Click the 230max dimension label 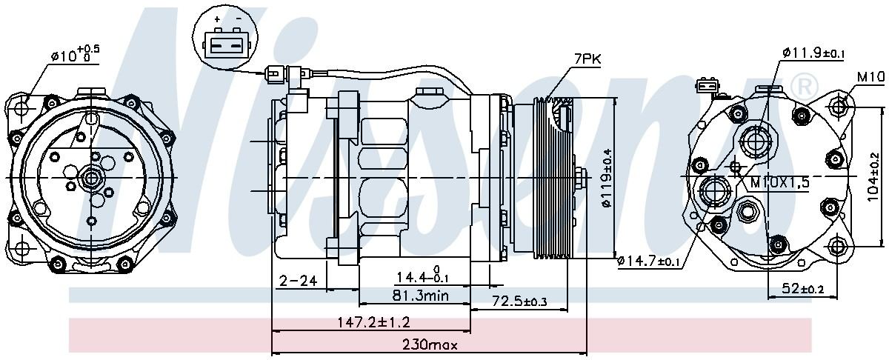pos(429,344)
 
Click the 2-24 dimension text pos(298,280)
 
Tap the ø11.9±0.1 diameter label pos(813,53)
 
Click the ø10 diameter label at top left pos(74,54)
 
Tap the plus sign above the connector pos(216,19)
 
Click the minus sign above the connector pos(237,19)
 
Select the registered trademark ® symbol pos(802,83)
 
